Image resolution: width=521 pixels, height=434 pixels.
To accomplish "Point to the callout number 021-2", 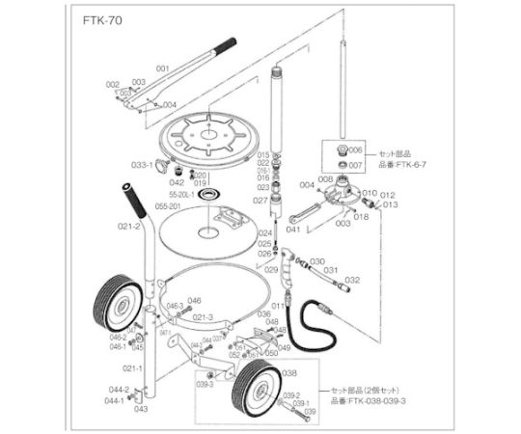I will pos(130,226).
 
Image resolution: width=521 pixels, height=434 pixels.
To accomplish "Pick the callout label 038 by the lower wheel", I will pos(288,371).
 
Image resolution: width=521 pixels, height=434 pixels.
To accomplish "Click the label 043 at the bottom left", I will pos(141,408).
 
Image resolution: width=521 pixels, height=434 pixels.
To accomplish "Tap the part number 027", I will pos(260,200).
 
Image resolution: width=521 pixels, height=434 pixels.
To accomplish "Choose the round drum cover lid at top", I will pos(206,135).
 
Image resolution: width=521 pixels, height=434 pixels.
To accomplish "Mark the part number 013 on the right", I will pos(390,204).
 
